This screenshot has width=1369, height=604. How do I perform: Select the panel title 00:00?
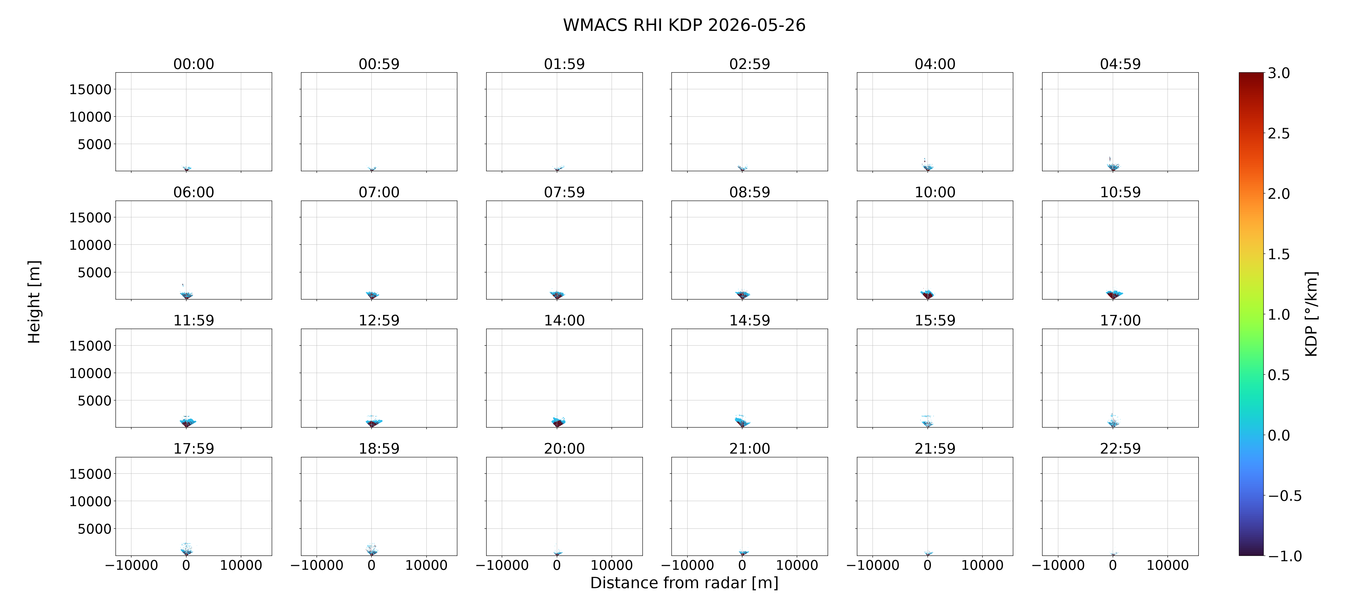coord(194,64)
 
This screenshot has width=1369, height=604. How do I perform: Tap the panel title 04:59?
coord(1120,64)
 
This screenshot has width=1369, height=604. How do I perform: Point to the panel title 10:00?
coord(935,192)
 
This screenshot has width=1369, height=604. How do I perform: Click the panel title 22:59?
coord(1120,448)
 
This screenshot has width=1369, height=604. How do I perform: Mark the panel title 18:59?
coord(379,448)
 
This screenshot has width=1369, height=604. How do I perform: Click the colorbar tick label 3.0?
coord(1279,73)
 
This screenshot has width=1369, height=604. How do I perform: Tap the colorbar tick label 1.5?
coord(1279,254)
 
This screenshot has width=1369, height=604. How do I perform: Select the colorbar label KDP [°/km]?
coord(1311,314)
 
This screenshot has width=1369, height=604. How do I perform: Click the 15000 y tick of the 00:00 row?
coord(90,89)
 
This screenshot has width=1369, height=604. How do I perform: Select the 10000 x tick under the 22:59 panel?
coord(1168,565)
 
